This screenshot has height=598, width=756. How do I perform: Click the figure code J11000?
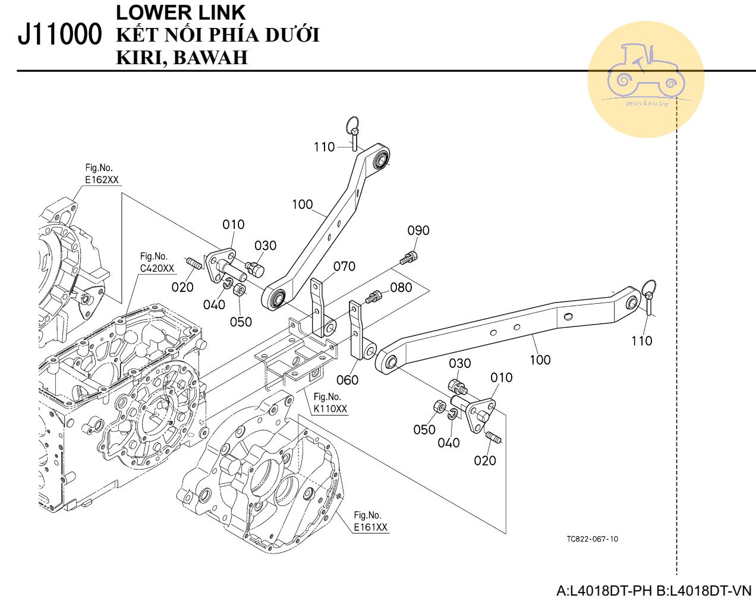pyautogui.click(x=59, y=34)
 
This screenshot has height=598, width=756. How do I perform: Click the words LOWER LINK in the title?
pyautogui.click(x=181, y=12)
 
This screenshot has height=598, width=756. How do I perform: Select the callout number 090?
pyautogui.click(x=418, y=231)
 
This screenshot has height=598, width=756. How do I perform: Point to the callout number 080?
pyautogui.click(x=401, y=287)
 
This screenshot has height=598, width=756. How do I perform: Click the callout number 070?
pyautogui.click(x=344, y=266)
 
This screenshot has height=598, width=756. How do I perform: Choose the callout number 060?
pyautogui.click(x=347, y=380)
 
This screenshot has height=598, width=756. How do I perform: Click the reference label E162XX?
pyautogui.click(x=102, y=180)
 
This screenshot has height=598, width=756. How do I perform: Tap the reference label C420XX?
pyautogui.click(x=157, y=268)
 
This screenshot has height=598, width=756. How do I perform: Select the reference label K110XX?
pyautogui.click(x=330, y=408)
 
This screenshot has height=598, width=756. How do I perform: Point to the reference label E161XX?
pyautogui.click(x=371, y=527)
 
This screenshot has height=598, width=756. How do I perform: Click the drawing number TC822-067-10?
pyautogui.click(x=593, y=539)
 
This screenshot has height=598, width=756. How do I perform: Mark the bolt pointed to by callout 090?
pyautogui.click(x=409, y=258)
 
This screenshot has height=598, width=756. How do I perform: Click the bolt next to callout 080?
pyautogui.click(x=373, y=297)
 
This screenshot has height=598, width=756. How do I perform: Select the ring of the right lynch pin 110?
pyautogui.click(x=648, y=287)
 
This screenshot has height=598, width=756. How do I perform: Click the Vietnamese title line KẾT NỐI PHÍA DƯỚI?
pyautogui.click(x=218, y=35)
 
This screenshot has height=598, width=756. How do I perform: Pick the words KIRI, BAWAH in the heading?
pyautogui.click(x=182, y=58)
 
